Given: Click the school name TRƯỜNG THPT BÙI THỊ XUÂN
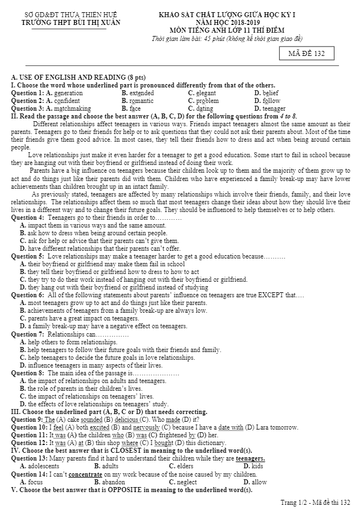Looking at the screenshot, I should pyautogui.click(x=70, y=23).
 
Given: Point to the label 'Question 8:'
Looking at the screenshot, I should pyautogui.click(x=28, y=373).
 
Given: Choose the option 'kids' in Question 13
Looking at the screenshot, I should pyautogui.click(x=257, y=466).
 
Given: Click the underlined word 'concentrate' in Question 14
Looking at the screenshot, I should pyautogui.click(x=86, y=474).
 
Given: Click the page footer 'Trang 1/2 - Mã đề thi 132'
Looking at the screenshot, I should pyautogui.click(x=315, y=503).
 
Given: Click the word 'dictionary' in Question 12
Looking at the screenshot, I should pyautogui.click(x=194, y=443).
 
